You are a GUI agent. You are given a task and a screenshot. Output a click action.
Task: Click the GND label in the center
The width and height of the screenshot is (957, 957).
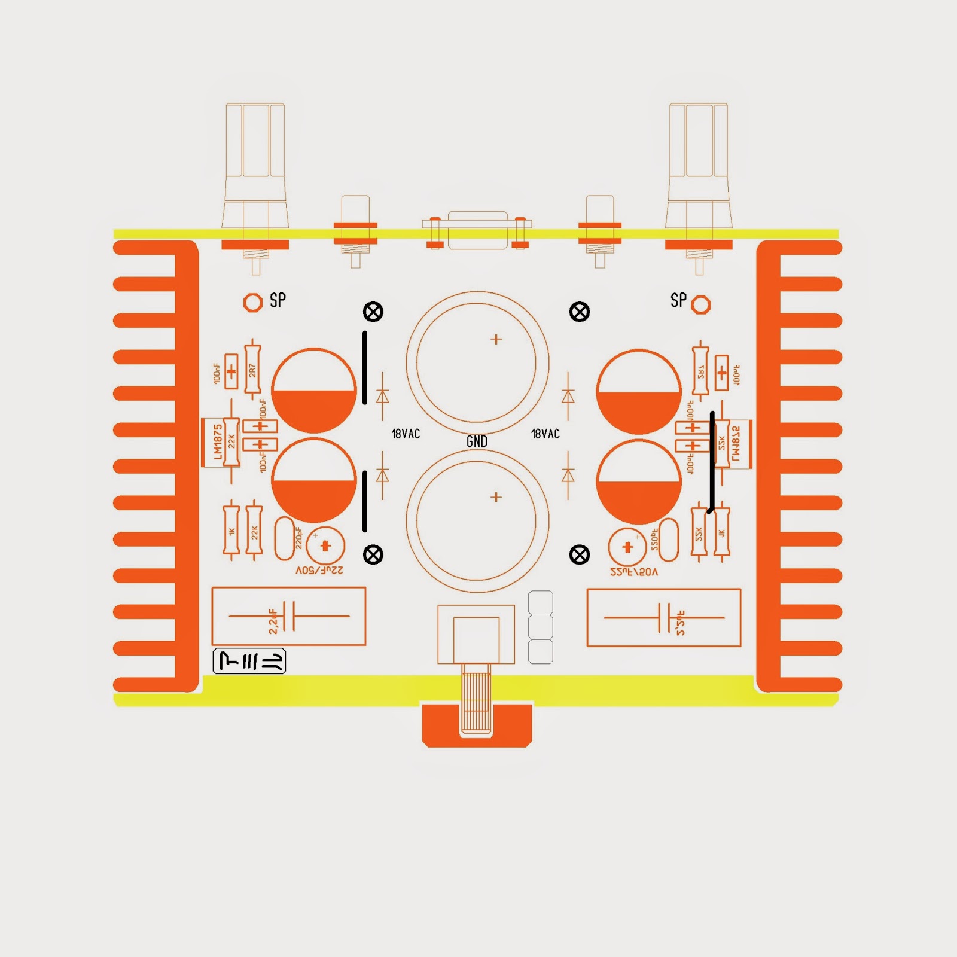(x=477, y=441)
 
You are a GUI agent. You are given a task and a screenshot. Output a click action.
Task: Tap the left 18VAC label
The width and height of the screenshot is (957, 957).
(x=406, y=434)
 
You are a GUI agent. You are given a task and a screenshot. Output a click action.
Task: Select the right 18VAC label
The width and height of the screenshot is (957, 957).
(x=545, y=434)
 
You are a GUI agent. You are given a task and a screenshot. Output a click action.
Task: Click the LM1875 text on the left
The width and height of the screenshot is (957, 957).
(x=218, y=443)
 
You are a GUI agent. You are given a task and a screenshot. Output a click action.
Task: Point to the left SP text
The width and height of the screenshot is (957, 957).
(x=278, y=300)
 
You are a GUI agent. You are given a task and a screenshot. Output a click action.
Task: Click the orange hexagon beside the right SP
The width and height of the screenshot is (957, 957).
(x=701, y=305)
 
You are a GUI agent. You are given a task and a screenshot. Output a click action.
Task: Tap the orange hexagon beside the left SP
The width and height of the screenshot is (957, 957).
(x=253, y=303)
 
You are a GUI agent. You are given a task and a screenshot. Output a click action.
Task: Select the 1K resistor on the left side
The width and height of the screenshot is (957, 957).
(x=231, y=531)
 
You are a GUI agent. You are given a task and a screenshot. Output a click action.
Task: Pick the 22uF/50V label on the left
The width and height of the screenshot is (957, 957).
(x=319, y=571)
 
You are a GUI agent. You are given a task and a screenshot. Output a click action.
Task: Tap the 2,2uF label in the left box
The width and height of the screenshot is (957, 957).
(x=273, y=621)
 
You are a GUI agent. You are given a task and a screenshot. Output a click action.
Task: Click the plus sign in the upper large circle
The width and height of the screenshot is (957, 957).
(x=496, y=339)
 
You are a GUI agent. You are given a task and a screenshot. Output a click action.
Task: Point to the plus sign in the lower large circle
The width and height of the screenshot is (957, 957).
(x=496, y=497)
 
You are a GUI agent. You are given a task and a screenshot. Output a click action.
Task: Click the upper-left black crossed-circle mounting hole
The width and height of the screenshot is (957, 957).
(x=373, y=312)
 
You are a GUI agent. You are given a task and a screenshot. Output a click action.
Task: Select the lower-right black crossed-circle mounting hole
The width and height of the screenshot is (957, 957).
(x=579, y=555)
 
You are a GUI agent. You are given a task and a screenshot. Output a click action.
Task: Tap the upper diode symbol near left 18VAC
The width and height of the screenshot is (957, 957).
(x=382, y=396)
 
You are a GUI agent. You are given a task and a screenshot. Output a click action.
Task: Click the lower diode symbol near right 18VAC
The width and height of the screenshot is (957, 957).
(x=568, y=475)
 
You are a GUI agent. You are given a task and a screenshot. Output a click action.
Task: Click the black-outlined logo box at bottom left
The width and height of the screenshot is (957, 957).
(x=249, y=661)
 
